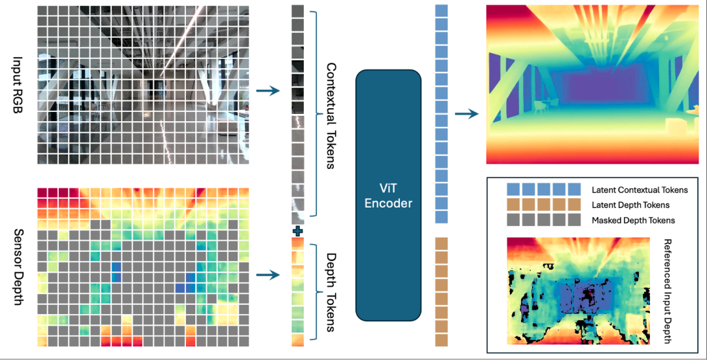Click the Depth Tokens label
coord(331,291)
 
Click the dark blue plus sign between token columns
coord(298,230)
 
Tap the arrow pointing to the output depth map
coord(466,114)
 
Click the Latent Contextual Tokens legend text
coord(640,190)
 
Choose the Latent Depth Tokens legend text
coord(630,205)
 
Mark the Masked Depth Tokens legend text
coord(632,221)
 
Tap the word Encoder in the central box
coord(388,204)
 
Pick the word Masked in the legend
coord(607,221)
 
